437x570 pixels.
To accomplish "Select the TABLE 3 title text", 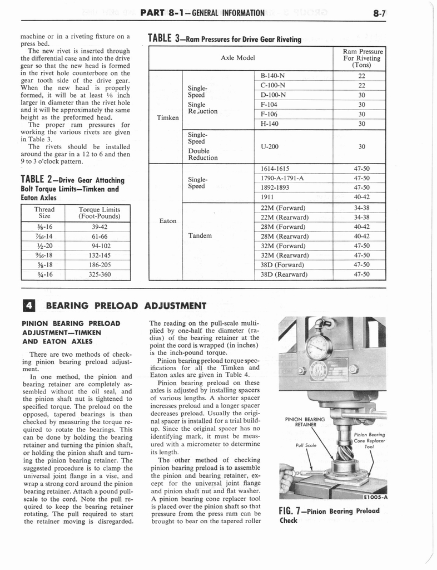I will (x=224, y=39).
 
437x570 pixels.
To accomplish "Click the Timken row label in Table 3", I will (x=167, y=117).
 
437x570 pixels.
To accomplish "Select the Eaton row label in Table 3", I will (x=167, y=221).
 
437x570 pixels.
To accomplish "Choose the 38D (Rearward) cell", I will (x=284, y=274).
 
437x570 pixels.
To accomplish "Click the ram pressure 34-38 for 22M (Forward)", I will (x=361, y=208).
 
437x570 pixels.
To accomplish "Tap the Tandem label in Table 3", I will (x=200, y=235).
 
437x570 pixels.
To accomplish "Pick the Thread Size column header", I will (x=44, y=213).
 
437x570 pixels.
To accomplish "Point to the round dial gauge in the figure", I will (x=319, y=347).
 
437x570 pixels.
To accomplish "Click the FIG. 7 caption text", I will (x=329, y=515).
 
